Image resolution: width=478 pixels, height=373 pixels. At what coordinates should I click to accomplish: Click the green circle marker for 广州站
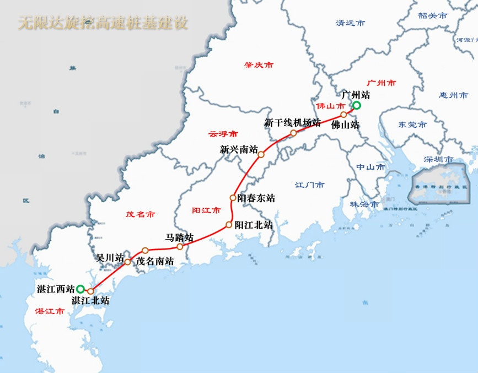tap(356, 105)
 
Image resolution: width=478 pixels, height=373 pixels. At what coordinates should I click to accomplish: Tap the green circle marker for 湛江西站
tap(80, 289)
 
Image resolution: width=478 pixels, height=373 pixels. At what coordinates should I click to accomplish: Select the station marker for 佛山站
tap(343, 115)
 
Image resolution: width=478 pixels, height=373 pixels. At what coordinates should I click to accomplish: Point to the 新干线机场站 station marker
tap(294, 133)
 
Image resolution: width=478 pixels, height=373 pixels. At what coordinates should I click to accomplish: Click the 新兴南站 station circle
tap(261, 155)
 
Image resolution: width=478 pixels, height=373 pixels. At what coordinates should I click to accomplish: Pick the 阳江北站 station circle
tap(229, 224)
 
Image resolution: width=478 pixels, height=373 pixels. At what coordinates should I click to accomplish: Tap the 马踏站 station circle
tap(180, 247)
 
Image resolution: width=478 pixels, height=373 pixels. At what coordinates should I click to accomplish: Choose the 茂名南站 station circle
tap(145, 251)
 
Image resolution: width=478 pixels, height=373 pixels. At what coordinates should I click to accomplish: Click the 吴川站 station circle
tap(127, 262)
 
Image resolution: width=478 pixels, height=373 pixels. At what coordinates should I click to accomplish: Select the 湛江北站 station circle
tap(90, 291)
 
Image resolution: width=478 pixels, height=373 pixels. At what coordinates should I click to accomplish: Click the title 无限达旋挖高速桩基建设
tap(103, 23)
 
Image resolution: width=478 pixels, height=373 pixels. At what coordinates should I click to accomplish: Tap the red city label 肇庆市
tap(259, 65)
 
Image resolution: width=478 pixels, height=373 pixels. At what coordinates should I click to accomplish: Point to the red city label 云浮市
tap(223, 134)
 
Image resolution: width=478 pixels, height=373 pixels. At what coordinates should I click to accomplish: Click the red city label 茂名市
tap(140, 214)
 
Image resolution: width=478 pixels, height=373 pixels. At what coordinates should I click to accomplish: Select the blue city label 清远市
tap(350, 23)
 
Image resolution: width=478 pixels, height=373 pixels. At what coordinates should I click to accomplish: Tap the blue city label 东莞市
tap(412, 125)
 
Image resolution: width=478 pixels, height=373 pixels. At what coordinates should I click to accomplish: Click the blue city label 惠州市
tap(454, 95)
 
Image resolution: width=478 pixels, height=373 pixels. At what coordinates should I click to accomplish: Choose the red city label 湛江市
tap(50, 311)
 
